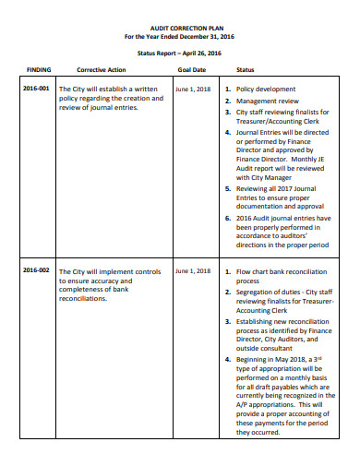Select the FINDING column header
38,69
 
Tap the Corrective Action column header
102,69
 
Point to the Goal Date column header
191,69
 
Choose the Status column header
246,69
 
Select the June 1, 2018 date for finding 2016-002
192,271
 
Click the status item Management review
268,101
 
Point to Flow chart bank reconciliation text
281,271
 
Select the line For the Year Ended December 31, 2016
179,37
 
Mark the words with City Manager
269,175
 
